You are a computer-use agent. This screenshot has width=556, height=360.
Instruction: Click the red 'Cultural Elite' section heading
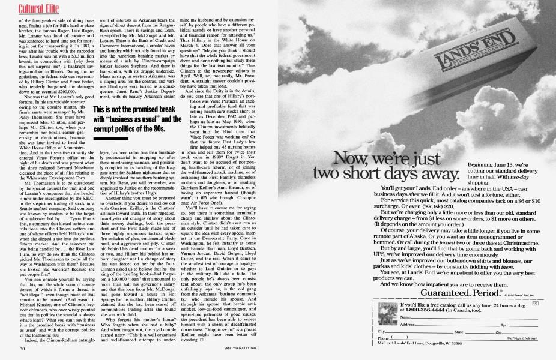pyautogui.click(x=23, y=8)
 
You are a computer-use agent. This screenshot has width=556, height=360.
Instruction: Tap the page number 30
pyautogui.click(x=21, y=349)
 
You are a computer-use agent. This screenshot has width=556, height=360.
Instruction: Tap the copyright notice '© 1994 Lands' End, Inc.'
pyautogui.click(x=513, y=294)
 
